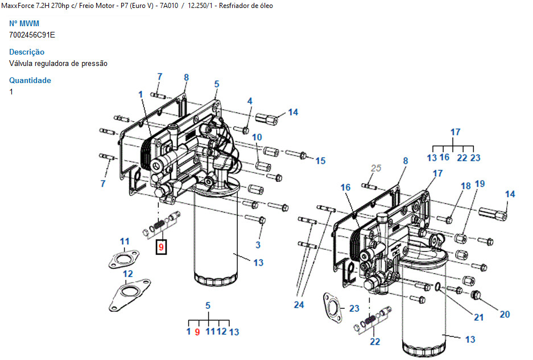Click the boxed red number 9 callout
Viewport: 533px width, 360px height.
(161, 247)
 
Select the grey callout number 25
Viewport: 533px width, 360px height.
(375, 168)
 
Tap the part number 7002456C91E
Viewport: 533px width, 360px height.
(32, 35)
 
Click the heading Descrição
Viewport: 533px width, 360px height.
(27, 52)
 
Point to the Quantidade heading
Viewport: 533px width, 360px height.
(30, 81)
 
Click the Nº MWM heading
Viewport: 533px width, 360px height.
(24, 23)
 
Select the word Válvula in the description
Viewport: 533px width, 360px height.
(20, 63)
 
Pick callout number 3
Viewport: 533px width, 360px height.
(258, 245)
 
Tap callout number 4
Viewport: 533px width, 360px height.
(250, 101)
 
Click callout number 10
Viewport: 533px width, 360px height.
(257, 137)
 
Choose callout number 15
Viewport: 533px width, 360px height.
(320, 161)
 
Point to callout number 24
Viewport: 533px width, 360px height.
(299, 305)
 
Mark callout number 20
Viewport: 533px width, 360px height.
(505, 315)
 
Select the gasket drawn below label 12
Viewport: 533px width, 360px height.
(130, 295)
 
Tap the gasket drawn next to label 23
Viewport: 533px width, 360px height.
(332, 308)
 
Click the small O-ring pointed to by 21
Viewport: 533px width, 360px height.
(437, 287)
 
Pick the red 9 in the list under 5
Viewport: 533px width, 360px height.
(197, 332)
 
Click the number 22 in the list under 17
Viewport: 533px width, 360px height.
(462, 158)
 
